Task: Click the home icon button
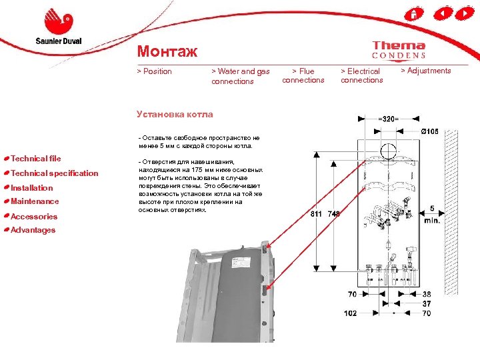coord(414,13)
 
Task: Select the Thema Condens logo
coord(398,50)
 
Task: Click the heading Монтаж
coord(167,51)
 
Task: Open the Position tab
coord(154,71)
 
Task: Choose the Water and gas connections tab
coord(240,76)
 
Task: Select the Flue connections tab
coord(303,75)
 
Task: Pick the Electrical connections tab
coord(361,75)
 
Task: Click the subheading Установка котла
coord(175,114)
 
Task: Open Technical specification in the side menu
coord(54,173)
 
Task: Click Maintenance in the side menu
coord(35,201)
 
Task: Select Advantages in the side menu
coord(33,230)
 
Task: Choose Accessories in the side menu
coord(34,216)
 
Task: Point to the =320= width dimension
coord(389,119)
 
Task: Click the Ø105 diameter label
coord(429,131)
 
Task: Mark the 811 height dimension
coord(317,214)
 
